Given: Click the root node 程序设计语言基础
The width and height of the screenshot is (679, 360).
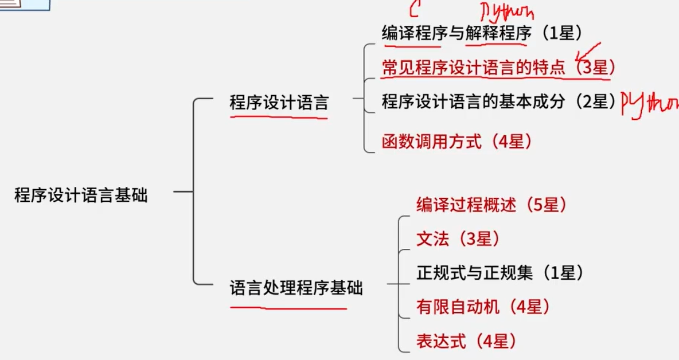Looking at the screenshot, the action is click(81, 195).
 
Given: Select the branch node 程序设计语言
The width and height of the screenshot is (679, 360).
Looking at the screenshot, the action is click(279, 103).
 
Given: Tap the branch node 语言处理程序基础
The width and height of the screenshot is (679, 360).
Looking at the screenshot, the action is click(296, 288).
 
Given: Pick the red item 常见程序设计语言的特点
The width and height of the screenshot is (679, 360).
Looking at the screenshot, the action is click(473, 68).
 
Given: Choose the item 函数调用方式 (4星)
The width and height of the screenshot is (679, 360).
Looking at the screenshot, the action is click(456, 141).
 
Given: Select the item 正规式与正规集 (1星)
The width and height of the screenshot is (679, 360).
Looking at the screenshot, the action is click(500, 273).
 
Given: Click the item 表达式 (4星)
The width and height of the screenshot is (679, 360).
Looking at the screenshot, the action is click(466, 342).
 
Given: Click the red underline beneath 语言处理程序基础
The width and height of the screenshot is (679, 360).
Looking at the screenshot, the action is click(288, 308).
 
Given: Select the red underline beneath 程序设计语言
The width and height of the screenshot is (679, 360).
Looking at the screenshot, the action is click(279, 117).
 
